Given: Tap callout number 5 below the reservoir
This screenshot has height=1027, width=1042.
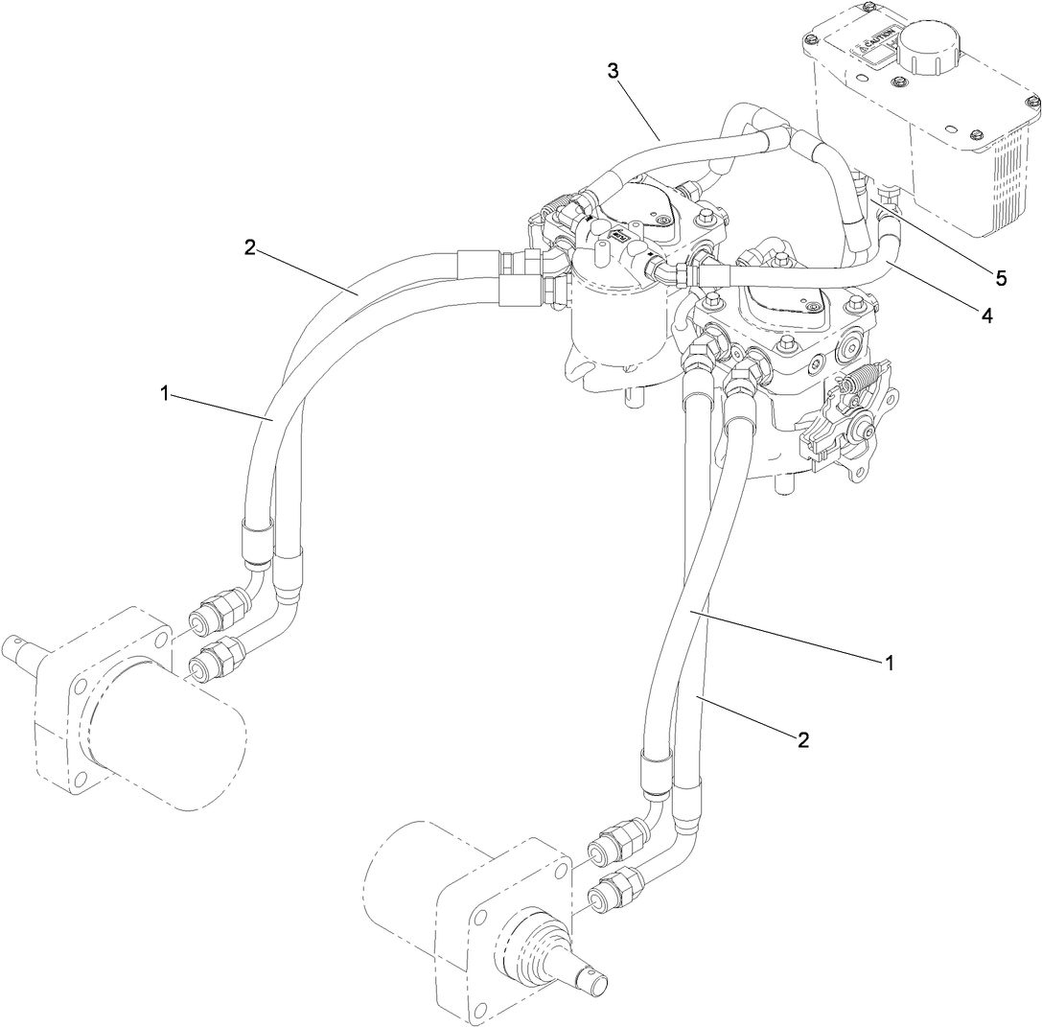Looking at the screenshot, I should click(1000, 278).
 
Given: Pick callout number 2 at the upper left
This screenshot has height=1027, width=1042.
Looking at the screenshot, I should click(250, 246).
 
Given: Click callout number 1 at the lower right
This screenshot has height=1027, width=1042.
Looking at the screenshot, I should click(890, 662).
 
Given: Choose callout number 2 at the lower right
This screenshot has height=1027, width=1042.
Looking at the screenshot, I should click(803, 738).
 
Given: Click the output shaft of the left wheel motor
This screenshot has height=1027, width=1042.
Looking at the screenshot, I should click(24, 652).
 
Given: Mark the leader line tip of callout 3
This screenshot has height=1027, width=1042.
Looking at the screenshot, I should click(660, 142).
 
